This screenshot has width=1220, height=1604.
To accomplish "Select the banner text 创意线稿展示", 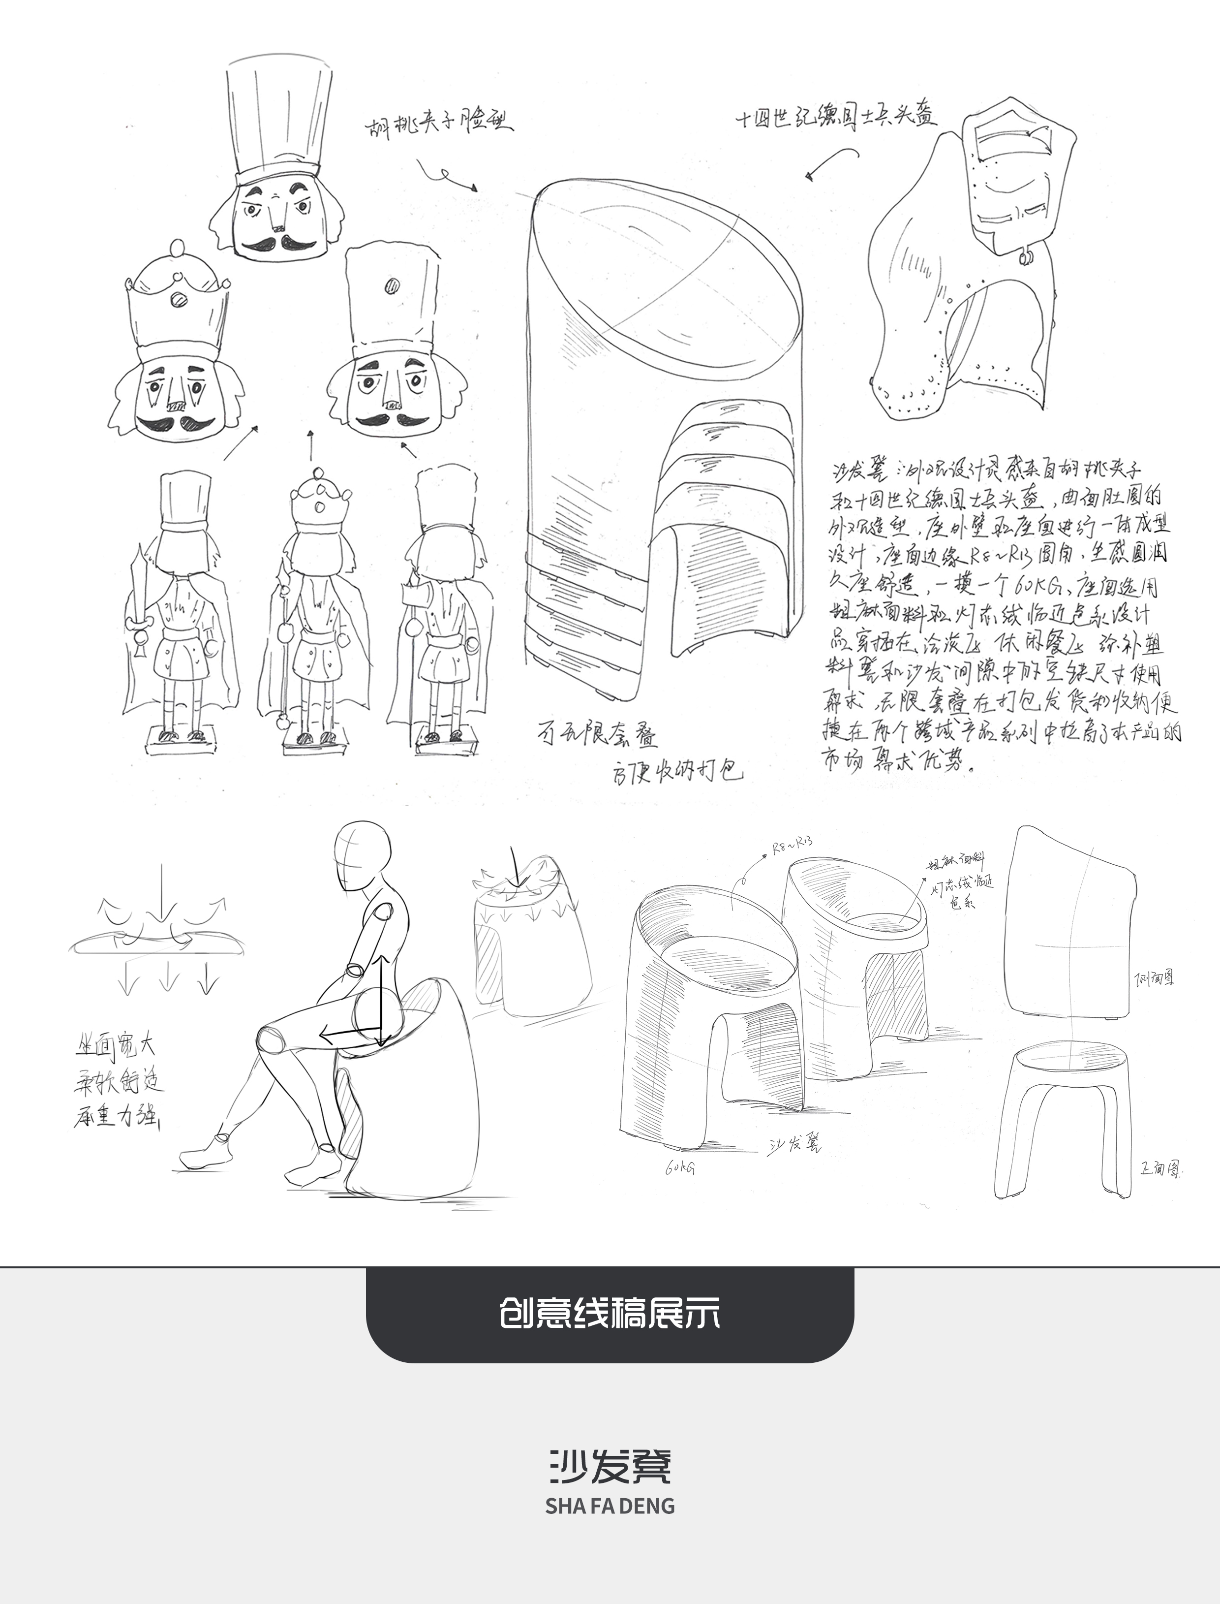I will point(610,1314).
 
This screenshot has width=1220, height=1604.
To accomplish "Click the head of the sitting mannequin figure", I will point(362,856).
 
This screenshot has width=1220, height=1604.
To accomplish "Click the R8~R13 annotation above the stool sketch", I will point(792,846).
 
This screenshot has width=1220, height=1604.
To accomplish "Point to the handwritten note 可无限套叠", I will point(598,734).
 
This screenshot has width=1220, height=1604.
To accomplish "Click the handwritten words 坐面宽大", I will point(116,1047).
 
